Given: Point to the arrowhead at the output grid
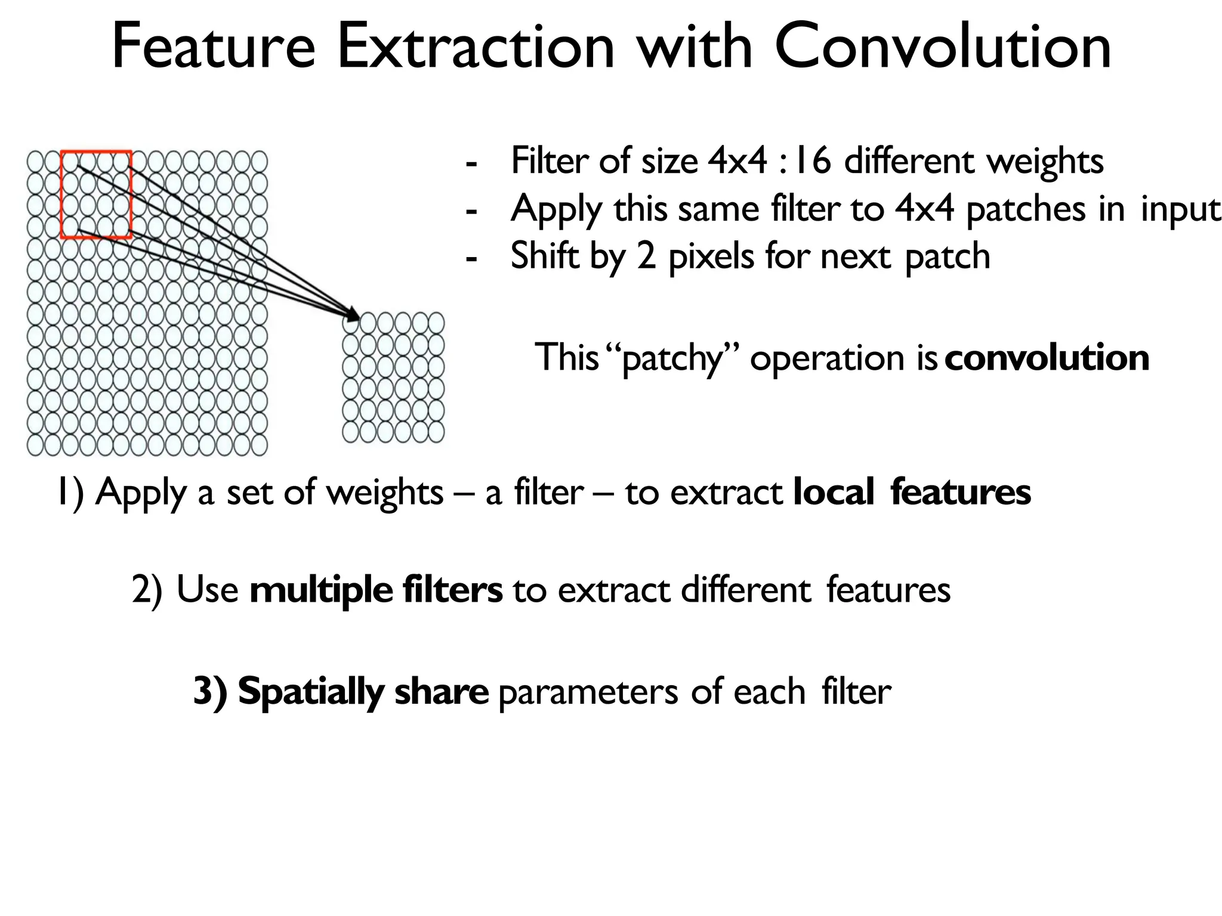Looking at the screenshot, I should click(x=353, y=315).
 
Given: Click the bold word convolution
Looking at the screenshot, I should click(x=1047, y=358).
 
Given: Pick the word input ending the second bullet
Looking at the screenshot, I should click(x=1180, y=210).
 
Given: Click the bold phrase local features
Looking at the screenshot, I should click(x=912, y=493).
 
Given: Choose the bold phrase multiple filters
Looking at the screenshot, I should click(x=376, y=590).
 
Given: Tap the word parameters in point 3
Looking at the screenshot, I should click(x=588, y=693).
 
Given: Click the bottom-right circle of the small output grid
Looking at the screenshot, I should click(x=436, y=432).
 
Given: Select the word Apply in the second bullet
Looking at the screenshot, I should click(x=556, y=210).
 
